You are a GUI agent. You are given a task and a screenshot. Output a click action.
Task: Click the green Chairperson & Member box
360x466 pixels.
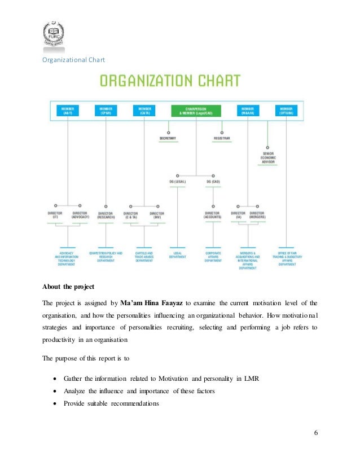point(196,110)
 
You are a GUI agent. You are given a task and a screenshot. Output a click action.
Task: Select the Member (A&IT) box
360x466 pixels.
point(67,110)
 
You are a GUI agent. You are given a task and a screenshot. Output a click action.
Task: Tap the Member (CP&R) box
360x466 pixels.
point(106,110)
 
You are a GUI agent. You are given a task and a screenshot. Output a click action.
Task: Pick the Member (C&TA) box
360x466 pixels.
point(144,110)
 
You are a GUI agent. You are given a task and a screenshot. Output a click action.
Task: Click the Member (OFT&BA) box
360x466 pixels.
point(287,110)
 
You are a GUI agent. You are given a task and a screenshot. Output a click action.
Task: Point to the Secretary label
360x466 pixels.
point(168,138)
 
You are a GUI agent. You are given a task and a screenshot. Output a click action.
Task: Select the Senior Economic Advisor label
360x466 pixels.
point(268,158)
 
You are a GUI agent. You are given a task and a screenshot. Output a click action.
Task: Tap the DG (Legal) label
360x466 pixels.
point(178,182)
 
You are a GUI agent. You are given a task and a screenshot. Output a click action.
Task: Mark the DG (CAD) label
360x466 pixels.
point(213,182)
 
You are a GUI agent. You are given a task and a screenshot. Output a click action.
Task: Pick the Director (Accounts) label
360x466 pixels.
point(213,215)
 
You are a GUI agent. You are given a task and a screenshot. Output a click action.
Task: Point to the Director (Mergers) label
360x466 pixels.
point(257,215)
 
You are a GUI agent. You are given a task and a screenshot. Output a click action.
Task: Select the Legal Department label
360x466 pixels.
point(178,254)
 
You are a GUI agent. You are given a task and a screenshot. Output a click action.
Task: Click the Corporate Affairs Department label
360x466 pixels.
point(213,257)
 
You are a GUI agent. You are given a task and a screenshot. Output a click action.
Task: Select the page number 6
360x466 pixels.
point(316,432)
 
